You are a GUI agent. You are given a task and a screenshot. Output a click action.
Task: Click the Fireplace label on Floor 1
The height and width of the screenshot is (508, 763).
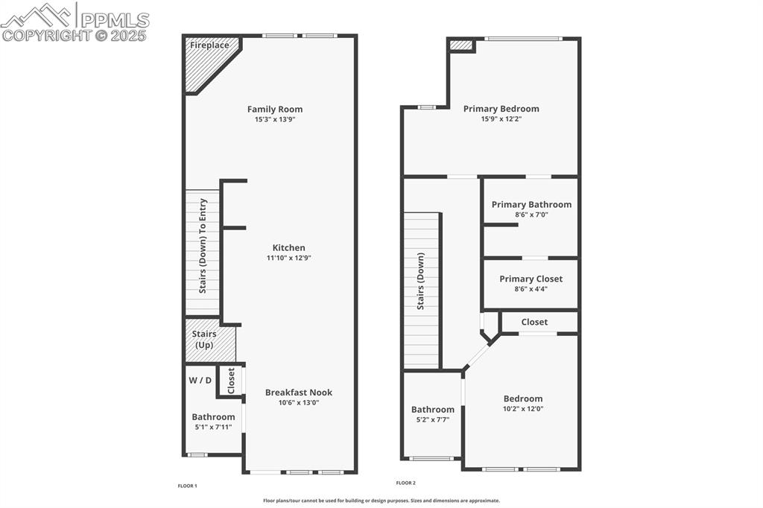(x=209, y=45)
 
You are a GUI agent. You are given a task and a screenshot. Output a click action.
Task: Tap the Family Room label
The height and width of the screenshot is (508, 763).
(x=275, y=109)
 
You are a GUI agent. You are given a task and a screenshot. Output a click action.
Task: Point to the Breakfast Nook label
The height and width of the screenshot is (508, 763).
(x=299, y=393)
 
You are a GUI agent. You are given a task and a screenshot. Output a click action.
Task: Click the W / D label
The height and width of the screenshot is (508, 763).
(x=200, y=380)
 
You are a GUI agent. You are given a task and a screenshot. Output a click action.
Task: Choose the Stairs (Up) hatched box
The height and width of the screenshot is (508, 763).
(x=210, y=340)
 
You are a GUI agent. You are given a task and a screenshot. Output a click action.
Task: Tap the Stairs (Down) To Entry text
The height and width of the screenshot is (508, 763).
(x=203, y=246)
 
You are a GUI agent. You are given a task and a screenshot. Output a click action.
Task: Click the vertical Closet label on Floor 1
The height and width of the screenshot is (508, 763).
(x=231, y=381)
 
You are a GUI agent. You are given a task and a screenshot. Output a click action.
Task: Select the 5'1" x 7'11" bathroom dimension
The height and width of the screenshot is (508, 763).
(x=213, y=428)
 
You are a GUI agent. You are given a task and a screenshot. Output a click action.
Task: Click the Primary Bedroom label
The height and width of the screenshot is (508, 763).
(x=501, y=109)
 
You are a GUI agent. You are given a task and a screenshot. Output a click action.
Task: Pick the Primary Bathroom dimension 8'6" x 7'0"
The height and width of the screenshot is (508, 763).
(x=531, y=215)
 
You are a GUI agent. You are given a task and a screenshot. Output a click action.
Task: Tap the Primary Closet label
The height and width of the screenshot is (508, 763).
(x=531, y=279)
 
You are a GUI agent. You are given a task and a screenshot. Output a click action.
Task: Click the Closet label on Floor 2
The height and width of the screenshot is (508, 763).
(x=534, y=323)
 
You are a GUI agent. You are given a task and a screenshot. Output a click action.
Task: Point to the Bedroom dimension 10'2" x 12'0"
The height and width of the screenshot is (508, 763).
(x=522, y=409)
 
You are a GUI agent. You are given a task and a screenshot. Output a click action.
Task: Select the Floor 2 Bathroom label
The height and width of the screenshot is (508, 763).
(x=432, y=410)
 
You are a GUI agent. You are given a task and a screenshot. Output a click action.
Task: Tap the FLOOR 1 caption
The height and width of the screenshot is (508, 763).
(x=187, y=486)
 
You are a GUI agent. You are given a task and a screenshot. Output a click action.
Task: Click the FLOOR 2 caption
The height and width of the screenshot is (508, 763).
(x=405, y=483)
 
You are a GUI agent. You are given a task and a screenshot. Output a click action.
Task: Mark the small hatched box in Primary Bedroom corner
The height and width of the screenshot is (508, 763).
(x=461, y=45)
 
